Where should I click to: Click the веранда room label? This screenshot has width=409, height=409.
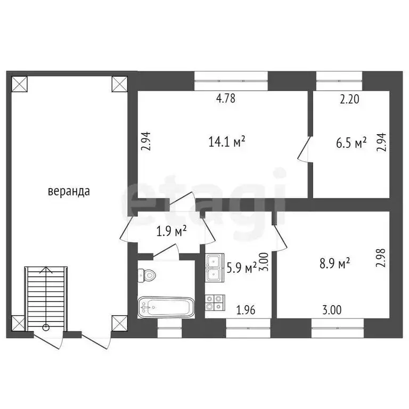point(69,191)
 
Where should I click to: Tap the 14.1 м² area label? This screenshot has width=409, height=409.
point(227,142)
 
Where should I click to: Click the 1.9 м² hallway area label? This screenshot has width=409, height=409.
point(171,231)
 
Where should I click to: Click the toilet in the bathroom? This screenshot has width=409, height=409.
point(146,275)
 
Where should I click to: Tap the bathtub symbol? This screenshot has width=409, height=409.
point(166,307)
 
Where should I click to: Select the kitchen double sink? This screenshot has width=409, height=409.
point(215,268)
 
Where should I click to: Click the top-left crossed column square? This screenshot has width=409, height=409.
point(19,84)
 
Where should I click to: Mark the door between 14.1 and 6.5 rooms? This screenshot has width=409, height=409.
point(305,149)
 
